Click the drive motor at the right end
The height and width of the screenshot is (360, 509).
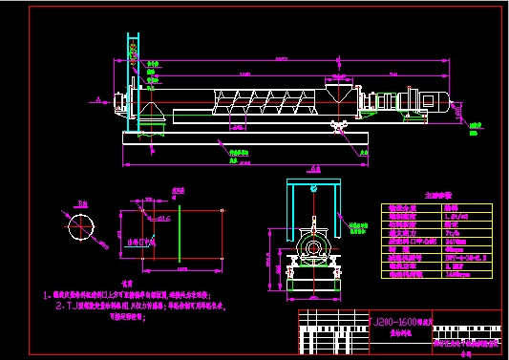point(435,103)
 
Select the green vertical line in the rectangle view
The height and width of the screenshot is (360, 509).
point(179,234)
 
